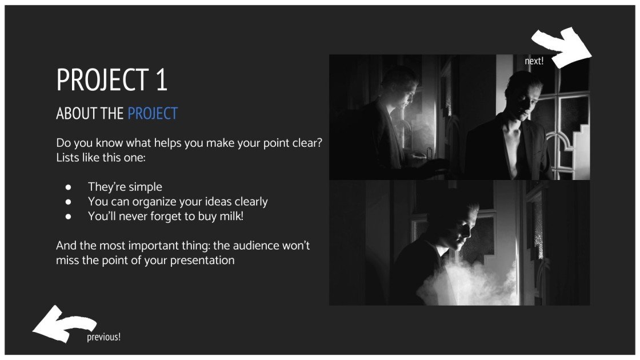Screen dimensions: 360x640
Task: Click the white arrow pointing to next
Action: (x=563, y=46)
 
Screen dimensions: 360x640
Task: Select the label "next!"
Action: (x=534, y=61)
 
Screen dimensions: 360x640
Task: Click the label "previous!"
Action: (x=103, y=337)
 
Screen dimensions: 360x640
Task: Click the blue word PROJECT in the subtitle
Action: (x=153, y=114)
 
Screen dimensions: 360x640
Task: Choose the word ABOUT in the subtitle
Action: (x=77, y=114)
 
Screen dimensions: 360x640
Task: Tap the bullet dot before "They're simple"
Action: (x=68, y=187)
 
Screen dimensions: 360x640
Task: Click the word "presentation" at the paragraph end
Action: (x=202, y=261)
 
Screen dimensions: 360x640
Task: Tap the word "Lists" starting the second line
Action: (x=68, y=157)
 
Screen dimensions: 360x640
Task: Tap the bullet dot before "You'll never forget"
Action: (x=68, y=217)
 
